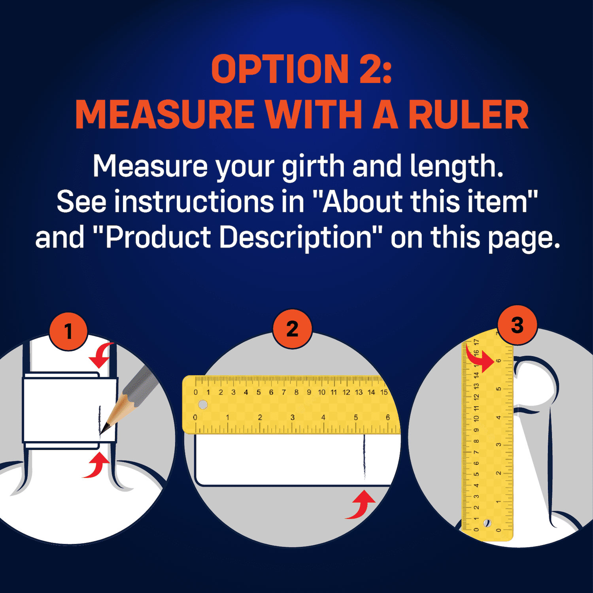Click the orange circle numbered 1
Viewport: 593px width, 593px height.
pos(68,331)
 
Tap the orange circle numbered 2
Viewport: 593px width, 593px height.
pos(293,329)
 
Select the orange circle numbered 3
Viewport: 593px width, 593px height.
pos(517,325)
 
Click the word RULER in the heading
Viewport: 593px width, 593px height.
pos(468,115)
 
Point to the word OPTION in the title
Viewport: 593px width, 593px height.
pos(280,69)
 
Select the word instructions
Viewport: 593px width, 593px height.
pos(194,202)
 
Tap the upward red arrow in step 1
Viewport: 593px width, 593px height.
pos(96,465)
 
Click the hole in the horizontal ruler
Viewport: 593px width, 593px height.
pos(203,404)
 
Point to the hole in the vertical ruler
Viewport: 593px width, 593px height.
pos(487,523)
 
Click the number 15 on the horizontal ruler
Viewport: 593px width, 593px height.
pos(384,392)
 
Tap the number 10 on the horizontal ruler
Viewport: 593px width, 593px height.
pos(321,392)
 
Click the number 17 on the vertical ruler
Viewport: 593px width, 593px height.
pos(476,342)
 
